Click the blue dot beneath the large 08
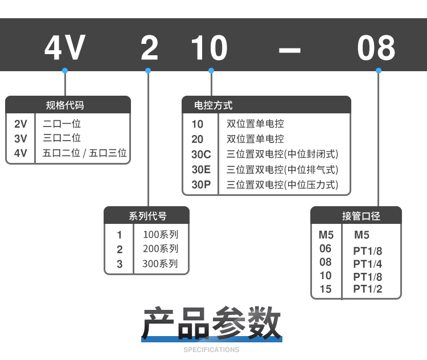click(377, 71)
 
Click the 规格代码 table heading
click(65, 105)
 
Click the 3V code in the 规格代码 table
click(20, 138)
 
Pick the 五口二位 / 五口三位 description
click(85, 153)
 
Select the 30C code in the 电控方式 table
click(201, 154)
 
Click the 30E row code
click(201, 170)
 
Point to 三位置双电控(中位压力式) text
click(282, 185)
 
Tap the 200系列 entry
click(161, 249)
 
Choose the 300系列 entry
click(161, 264)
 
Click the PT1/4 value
click(368, 264)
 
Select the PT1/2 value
click(368, 289)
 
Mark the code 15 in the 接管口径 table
click(325, 289)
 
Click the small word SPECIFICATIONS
click(212, 350)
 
